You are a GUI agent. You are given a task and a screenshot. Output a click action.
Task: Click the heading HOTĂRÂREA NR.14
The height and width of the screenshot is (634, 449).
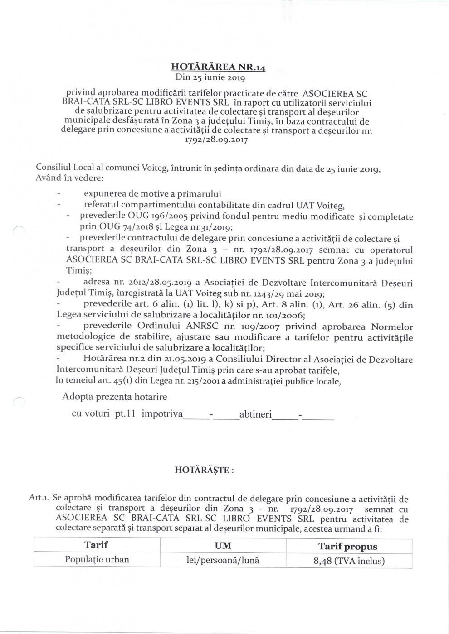[x=218, y=67]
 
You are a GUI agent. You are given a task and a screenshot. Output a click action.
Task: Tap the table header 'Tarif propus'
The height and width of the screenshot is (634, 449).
[x=348, y=547]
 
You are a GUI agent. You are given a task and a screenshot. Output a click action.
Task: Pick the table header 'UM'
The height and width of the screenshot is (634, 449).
[x=223, y=546]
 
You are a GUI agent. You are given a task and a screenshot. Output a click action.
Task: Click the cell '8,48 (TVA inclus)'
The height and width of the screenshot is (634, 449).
[x=349, y=561]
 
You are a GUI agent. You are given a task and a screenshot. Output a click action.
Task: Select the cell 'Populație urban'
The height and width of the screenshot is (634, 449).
[x=97, y=560]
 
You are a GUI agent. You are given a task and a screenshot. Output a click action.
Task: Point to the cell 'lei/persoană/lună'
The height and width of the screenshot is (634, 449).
[x=223, y=560]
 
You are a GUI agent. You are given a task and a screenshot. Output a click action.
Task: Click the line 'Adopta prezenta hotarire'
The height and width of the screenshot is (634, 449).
[x=114, y=397]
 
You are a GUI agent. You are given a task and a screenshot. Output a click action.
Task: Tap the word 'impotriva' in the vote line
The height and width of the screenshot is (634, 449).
[x=162, y=414]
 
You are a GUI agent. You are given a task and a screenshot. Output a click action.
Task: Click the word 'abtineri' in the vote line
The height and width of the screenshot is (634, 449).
[x=255, y=414]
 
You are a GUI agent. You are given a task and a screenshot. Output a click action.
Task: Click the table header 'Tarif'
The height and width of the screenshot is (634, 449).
[x=96, y=545]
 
